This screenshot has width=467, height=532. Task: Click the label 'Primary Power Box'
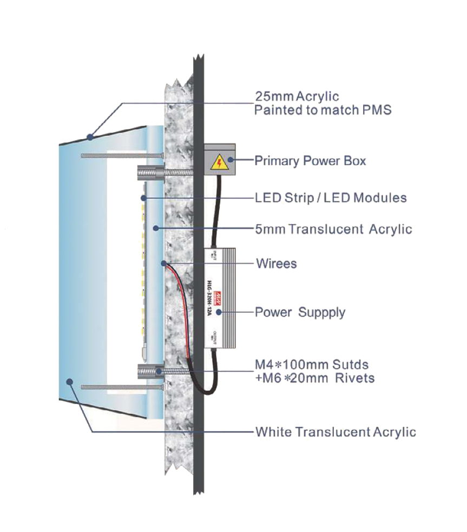click(x=310, y=161)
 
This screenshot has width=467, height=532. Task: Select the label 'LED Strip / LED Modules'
click(x=330, y=198)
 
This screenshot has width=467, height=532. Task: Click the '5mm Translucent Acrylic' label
click(x=333, y=229)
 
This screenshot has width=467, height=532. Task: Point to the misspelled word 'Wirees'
click(x=276, y=264)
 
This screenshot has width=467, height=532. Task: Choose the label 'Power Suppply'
click(x=300, y=312)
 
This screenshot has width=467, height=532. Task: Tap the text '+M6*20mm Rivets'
click(x=314, y=378)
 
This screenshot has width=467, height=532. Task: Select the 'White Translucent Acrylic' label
click(x=336, y=432)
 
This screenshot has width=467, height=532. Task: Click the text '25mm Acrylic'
click(x=297, y=96)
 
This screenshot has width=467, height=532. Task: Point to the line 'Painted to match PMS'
click(x=323, y=110)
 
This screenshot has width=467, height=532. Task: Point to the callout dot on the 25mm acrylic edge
click(x=90, y=137)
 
